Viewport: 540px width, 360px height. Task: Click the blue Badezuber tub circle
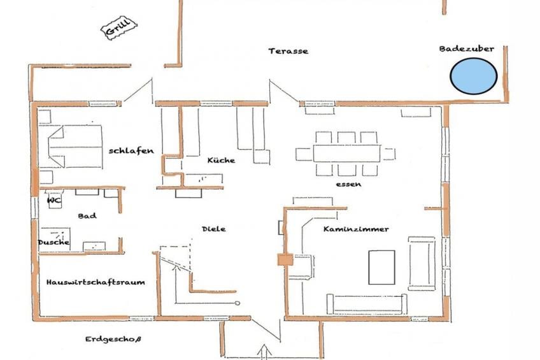(x=474, y=76)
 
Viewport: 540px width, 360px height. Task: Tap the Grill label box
(x=119, y=27)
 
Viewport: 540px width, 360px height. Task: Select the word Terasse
(x=288, y=51)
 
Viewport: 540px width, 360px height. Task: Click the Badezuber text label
(x=467, y=49)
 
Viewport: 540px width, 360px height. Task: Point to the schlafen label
(x=131, y=151)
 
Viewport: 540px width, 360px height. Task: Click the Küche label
(x=221, y=160)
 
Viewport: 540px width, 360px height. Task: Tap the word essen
(x=348, y=184)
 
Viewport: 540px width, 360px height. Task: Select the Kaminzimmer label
(x=356, y=229)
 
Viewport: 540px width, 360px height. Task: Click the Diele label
(x=214, y=229)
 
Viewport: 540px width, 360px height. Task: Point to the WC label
(x=54, y=200)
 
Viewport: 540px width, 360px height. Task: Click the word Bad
(x=87, y=216)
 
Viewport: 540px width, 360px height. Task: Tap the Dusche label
(x=53, y=242)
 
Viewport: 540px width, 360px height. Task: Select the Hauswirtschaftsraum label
(x=96, y=282)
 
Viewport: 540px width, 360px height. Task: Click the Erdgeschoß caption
(x=113, y=340)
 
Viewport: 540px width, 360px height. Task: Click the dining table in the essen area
(x=347, y=154)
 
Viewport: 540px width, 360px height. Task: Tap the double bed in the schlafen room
(x=76, y=147)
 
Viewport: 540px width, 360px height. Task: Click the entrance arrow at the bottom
(x=264, y=351)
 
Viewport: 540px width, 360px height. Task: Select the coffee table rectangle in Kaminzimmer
(x=381, y=268)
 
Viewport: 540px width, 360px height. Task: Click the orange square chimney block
(x=285, y=259)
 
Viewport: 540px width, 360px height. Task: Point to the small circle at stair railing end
(x=238, y=303)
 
